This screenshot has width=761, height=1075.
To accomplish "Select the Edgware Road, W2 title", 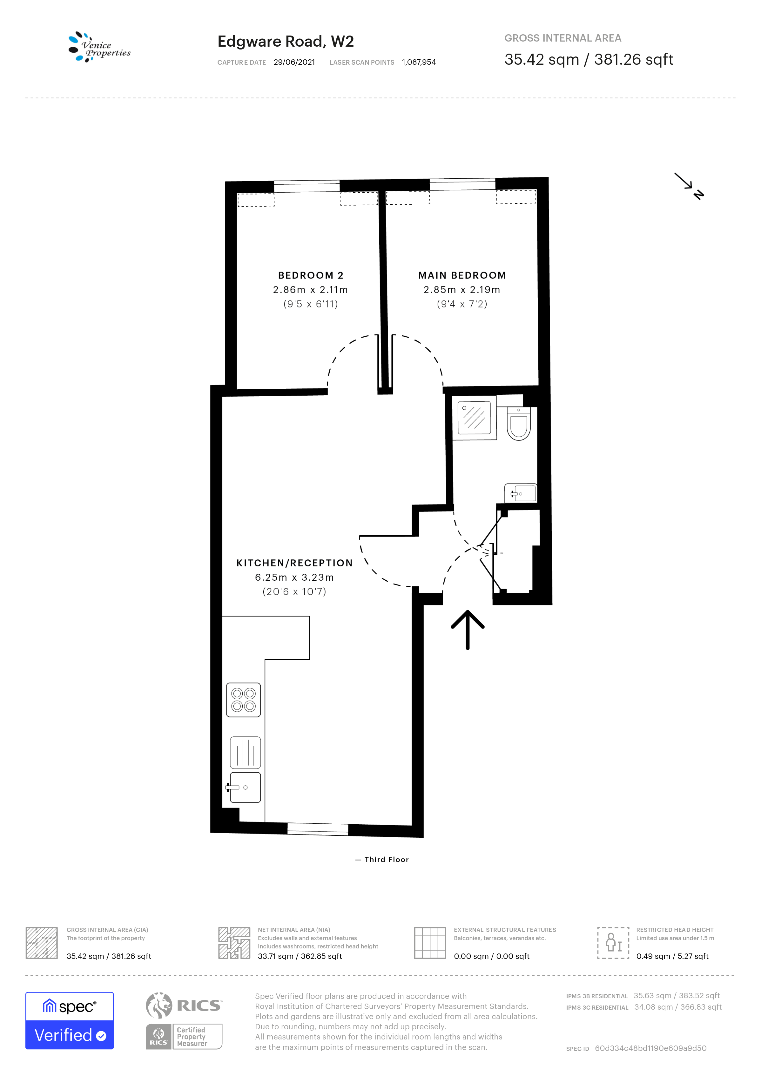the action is [285, 42].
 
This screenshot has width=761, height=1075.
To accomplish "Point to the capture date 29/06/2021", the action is [294, 62].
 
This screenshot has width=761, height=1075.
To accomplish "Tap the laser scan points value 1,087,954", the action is [419, 62].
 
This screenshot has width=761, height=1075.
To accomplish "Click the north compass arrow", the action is [689, 186].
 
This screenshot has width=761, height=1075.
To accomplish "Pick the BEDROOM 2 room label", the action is [311, 275].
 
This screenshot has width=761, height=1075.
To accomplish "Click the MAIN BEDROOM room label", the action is [462, 275].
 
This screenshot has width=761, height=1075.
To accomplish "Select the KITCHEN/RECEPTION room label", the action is [294, 563].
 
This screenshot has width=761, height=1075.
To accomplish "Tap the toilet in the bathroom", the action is [519, 424].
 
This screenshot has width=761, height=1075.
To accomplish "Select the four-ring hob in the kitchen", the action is [243, 700].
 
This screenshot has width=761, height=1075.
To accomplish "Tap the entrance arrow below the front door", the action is [467, 630].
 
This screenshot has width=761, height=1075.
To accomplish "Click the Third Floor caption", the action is [387, 860].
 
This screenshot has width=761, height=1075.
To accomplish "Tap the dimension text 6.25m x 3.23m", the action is [294, 577].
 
